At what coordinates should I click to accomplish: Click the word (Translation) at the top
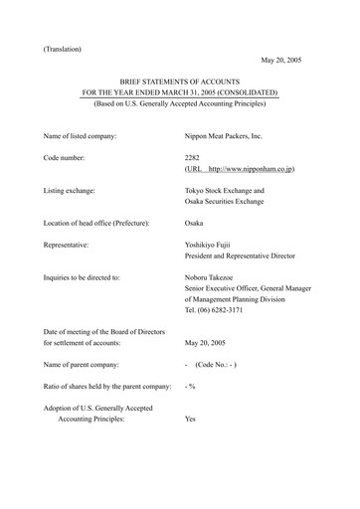[x=64, y=47]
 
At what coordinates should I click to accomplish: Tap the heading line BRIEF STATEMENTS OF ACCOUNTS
[x=180, y=86]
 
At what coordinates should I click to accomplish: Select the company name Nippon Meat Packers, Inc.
[x=229, y=133]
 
